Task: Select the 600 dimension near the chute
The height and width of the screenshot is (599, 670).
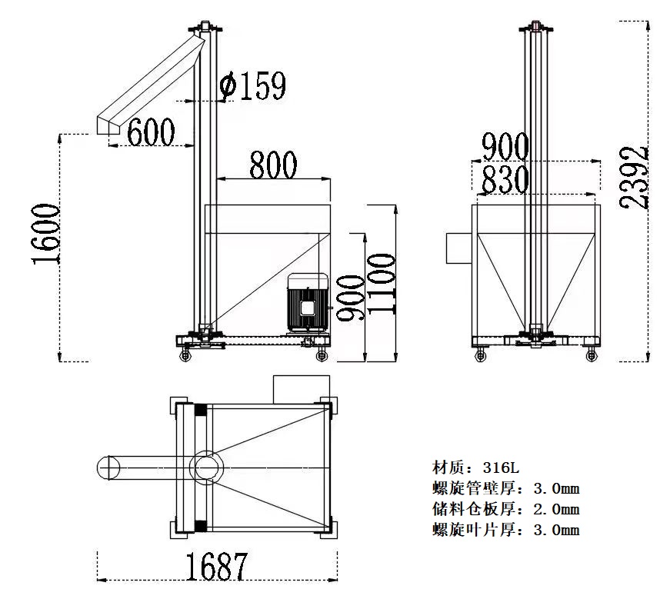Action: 150,132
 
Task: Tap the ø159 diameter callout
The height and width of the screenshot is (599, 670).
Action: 252,86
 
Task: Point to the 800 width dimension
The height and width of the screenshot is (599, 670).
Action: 272,165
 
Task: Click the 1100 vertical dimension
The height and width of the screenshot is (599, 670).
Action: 382,283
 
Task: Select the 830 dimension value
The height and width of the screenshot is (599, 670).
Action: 505,181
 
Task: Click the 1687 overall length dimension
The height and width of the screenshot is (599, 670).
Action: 216,567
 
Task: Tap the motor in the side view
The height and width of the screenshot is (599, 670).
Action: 308,304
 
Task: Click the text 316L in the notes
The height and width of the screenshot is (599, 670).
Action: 504,467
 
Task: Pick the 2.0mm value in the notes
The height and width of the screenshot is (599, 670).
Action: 555,508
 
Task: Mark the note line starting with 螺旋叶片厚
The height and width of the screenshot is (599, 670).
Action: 505,529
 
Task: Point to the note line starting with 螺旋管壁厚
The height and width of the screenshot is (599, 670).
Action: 505,488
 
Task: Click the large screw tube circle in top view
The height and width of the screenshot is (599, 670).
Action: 208,466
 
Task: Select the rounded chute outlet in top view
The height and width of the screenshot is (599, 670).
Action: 108,466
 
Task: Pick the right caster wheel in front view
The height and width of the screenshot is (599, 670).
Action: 591,354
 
